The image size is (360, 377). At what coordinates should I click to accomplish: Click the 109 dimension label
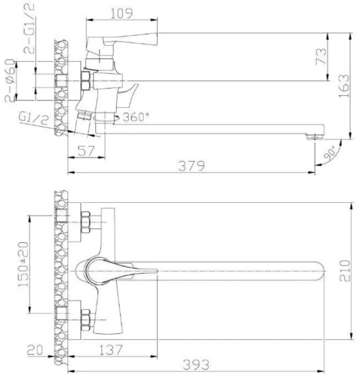coord(122,14)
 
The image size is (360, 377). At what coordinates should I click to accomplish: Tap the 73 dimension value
coord(321,57)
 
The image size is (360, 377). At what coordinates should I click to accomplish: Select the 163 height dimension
coord(344,86)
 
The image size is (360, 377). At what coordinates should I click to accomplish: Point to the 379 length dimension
coord(192,166)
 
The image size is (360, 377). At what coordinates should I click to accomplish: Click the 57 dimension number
coord(86,151)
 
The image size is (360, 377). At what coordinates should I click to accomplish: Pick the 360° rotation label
coord(136,117)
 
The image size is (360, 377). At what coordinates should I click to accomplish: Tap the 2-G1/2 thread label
coord(29,29)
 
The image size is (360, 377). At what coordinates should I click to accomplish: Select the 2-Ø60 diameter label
coord(11,81)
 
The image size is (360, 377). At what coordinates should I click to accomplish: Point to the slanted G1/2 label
coord(33,118)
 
